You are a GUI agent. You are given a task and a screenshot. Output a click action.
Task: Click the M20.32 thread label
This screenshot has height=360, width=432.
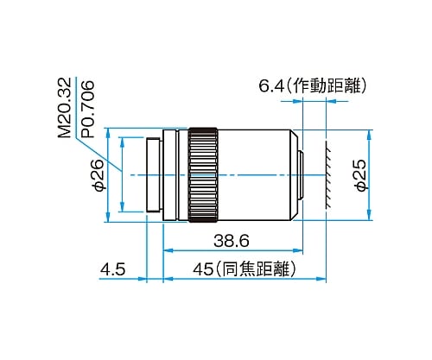tap(64, 108)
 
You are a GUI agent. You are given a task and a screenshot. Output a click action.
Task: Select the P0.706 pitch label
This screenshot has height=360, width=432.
tap(87, 109)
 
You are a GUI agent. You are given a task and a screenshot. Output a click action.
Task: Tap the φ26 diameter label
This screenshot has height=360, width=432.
tap(98, 175)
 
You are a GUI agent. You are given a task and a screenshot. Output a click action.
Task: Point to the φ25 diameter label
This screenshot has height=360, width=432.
tap(360, 175)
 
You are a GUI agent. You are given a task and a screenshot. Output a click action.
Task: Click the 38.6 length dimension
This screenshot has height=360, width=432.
tap(232, 241)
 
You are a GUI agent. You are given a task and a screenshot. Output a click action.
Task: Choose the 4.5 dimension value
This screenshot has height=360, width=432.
tap(112, 269)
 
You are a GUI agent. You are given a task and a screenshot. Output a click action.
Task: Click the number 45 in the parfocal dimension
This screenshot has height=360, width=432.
tap(203, 269)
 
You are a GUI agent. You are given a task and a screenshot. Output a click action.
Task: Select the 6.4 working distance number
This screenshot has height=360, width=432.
tap(271, 85)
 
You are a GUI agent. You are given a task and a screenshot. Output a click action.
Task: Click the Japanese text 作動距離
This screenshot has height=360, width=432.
tap(327, 85)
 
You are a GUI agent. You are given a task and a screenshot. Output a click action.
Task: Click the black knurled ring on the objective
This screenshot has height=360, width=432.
tap(203, 175)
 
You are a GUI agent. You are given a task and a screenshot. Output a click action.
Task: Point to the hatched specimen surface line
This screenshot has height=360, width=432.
tap(327, 175)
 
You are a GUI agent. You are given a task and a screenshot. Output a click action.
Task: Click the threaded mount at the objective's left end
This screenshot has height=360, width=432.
tap(154, 175)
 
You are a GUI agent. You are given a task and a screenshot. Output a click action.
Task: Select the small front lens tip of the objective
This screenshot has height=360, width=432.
tap(301, 175)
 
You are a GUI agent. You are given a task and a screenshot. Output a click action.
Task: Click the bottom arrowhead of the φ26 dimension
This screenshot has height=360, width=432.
tap(108, 217)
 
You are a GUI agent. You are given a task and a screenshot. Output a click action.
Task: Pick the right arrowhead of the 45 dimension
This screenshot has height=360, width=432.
tap(321, 279)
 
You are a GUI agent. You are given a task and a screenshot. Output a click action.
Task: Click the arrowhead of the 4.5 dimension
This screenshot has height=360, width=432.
tap(142, 279)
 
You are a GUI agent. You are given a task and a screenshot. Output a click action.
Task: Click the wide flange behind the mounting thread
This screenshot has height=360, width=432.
tap(170, 175)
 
